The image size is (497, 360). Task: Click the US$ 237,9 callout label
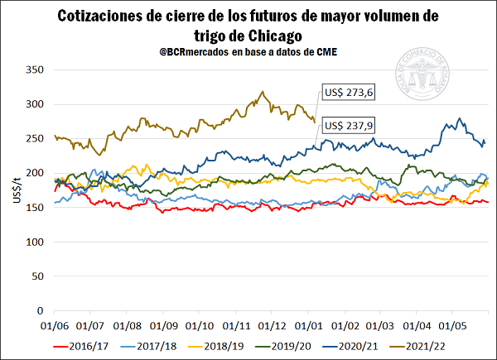350,126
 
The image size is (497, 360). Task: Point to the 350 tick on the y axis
34,70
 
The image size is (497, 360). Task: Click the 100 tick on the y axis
34,242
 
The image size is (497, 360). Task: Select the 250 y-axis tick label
34,139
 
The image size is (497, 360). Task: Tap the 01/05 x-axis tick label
452,326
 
